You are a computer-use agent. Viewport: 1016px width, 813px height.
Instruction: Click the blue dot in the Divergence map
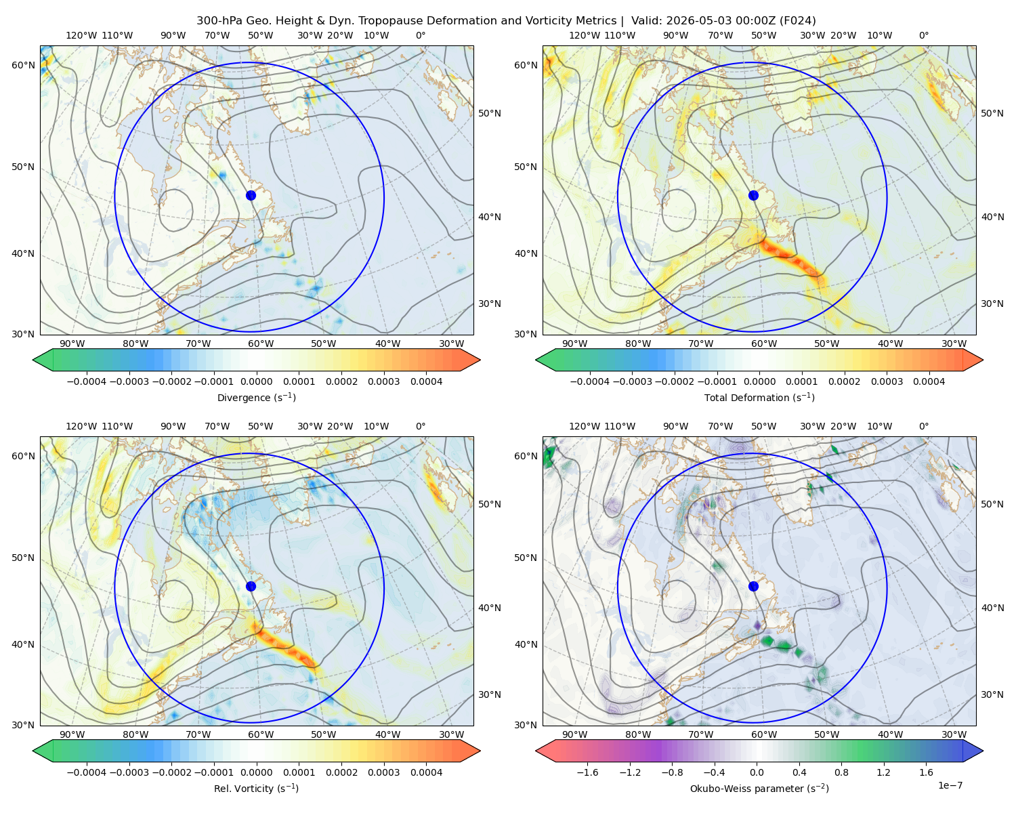coord(251,195)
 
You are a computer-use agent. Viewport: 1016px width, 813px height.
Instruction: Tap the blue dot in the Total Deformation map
coord(753,195)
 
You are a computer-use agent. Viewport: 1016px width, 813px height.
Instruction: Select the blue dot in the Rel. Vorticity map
coord(251,586)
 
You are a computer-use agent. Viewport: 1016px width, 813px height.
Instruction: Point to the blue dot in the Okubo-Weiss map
coord(753,586)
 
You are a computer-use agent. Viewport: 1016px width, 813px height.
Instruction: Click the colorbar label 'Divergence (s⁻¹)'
coord(256,397)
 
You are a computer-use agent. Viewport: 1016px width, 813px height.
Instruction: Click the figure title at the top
coord(506,21)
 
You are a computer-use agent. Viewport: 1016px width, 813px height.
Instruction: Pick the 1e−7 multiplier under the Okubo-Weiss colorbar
coord(950,785)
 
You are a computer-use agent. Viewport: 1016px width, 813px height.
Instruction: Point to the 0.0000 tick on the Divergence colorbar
coord(256,381)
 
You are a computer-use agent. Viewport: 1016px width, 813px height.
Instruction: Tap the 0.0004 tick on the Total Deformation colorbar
coord(929,381)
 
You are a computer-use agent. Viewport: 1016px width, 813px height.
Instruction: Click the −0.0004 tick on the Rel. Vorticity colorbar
coord(87,772)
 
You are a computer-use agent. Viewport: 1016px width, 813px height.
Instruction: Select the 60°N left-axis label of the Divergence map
coord(23,65)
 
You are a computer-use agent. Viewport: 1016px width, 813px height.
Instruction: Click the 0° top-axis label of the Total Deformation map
coord(923,35)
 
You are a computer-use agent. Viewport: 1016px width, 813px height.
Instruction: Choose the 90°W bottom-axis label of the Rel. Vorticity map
coord(72,734)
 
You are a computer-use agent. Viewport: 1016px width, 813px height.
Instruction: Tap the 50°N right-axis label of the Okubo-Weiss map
coord(992,504)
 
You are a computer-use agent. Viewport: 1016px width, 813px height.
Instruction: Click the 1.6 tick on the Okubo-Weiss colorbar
coord(926,772)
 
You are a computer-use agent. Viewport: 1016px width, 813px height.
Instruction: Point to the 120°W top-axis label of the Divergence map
coord(81,35)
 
